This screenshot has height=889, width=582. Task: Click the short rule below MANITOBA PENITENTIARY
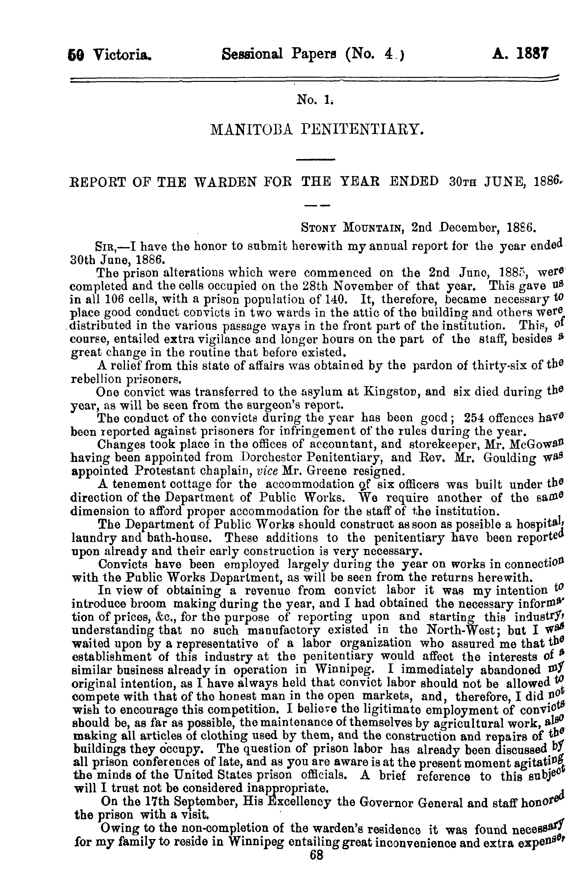coord(316,160)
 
